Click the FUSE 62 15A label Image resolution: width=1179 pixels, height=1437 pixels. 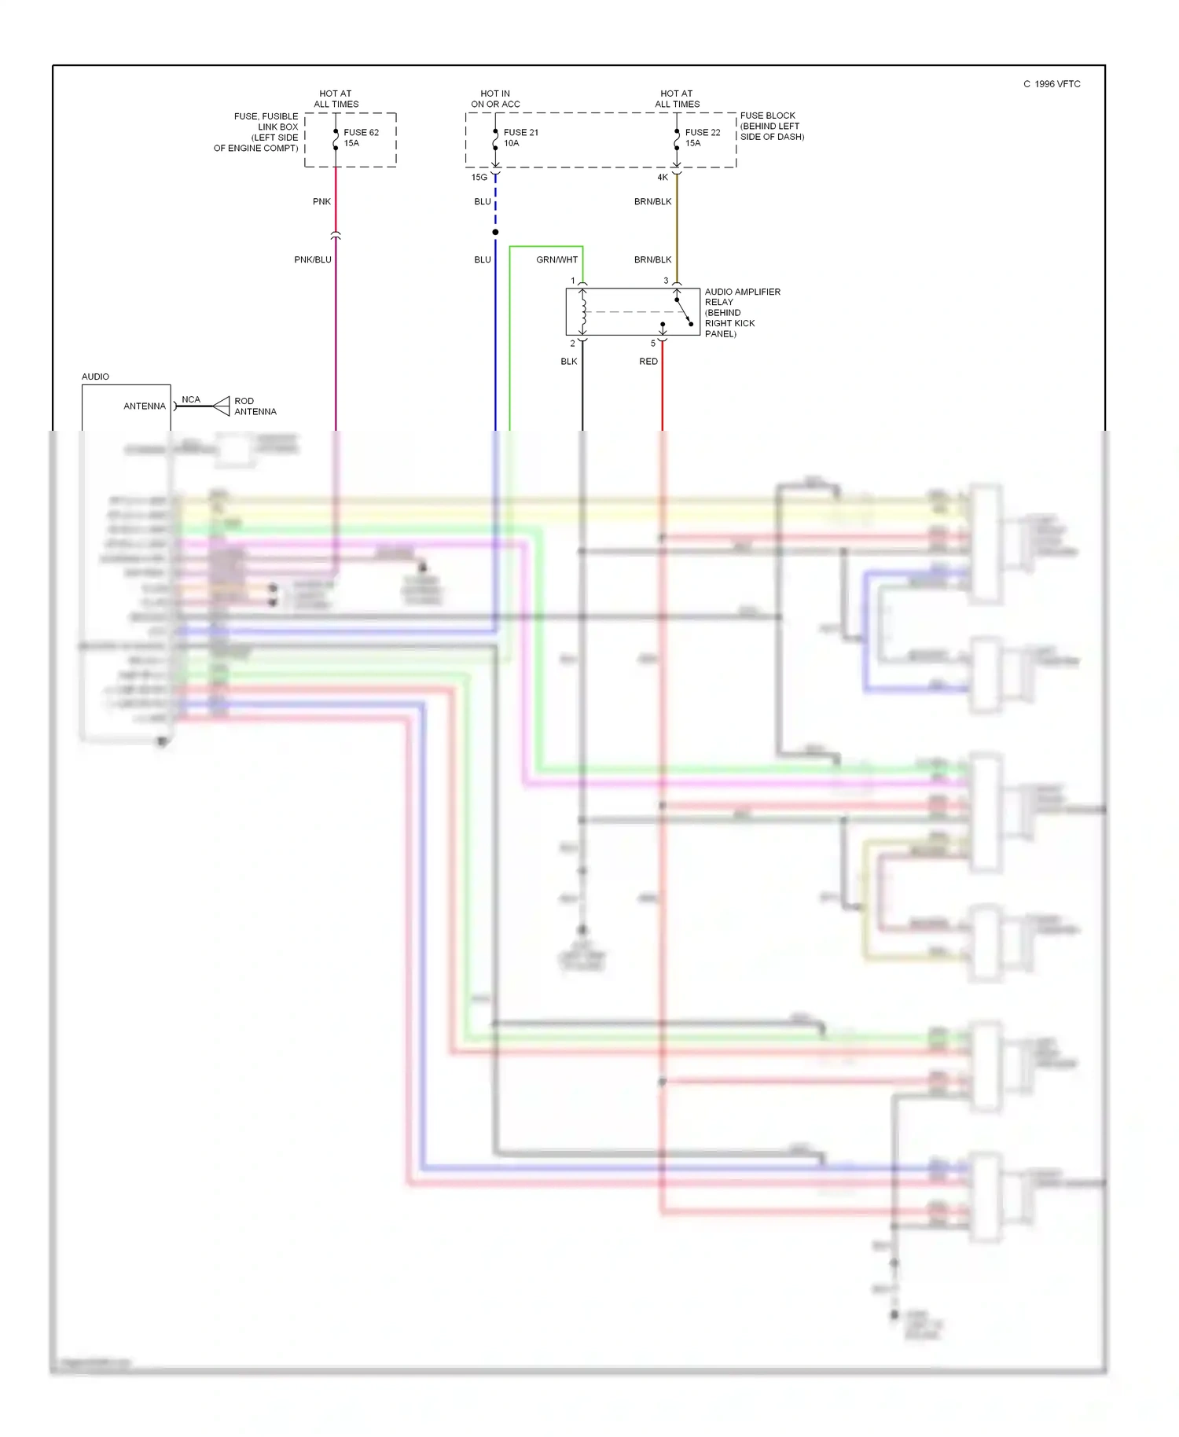coord(361,138)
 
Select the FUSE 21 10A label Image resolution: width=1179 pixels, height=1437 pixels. coord(520,138)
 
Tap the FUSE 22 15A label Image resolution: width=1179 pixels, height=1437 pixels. coord(702,138)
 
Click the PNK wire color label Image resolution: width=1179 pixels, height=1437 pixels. coord(321,202)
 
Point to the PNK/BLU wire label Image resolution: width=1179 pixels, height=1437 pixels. coord(313,259)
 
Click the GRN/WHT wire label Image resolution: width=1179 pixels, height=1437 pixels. coord(556,259)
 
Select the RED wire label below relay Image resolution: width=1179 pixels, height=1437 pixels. coord(648,362)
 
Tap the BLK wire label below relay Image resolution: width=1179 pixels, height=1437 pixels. coord(568,362)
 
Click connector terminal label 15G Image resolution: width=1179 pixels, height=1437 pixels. coord(479,178)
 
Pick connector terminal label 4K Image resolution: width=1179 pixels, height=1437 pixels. coord(663,178)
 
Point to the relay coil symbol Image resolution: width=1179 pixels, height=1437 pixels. coord(583,311)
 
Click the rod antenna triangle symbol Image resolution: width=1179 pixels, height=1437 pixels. coord(222,406)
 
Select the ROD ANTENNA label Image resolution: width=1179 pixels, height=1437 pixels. coord(255,406)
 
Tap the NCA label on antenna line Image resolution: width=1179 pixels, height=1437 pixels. coord(191,399)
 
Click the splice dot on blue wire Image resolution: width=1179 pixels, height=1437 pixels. coord(495,232)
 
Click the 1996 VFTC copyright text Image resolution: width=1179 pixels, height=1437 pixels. coord(1052,84)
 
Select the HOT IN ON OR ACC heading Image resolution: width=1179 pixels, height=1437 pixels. coord(495,98)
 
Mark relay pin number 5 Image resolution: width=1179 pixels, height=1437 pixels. coord(652,344)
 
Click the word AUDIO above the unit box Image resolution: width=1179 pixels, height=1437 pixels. coord(95,377)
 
